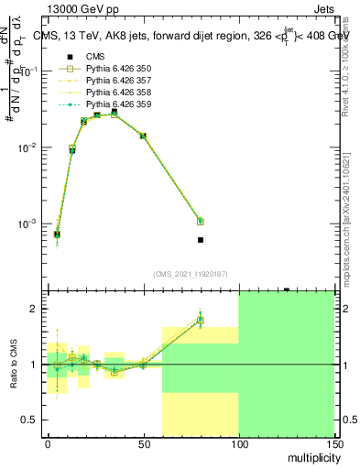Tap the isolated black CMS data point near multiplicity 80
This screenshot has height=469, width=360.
[x=201, y=240]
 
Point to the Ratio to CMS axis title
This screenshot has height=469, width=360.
[x=14, y=364]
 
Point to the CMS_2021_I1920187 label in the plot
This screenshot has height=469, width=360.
[x=190, y=273]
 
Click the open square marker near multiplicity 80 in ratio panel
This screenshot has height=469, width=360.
[x=201, y=321]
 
